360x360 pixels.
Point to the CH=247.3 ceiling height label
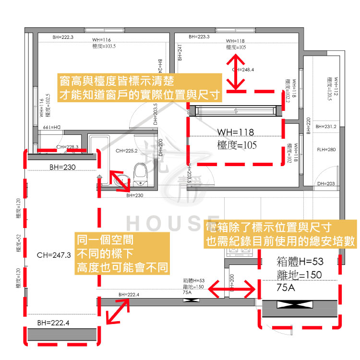tap(54, 255)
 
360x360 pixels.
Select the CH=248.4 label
tap(244, 70)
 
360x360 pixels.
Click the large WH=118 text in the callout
tap(235, 132)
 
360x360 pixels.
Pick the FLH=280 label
tap(327, 150)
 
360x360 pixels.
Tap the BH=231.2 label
tap(326, 127)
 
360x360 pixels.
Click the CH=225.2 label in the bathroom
tap(127, 151)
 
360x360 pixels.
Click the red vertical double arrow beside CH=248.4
tap(235, 72)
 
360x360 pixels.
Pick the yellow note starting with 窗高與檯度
tap(139, 87)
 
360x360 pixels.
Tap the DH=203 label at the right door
tap(326, 184)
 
